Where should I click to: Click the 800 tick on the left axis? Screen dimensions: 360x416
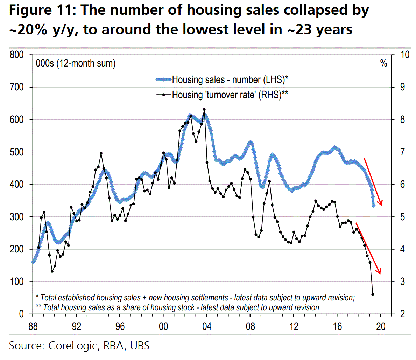coord(16,55)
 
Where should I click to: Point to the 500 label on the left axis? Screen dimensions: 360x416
coord(16,152)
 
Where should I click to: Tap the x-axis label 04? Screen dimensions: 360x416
coord(207,326)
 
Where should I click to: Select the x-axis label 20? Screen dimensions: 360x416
coord(381,326)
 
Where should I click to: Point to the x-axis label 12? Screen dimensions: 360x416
coord(294,326)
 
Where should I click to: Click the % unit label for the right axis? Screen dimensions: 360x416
coord(384,63)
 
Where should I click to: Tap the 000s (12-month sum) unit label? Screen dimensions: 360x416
coord(76,63)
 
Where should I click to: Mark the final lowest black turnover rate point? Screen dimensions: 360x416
coord(373,294)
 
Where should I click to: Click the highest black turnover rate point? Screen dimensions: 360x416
coord(204,110)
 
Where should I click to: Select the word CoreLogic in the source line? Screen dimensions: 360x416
coord(72,346)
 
